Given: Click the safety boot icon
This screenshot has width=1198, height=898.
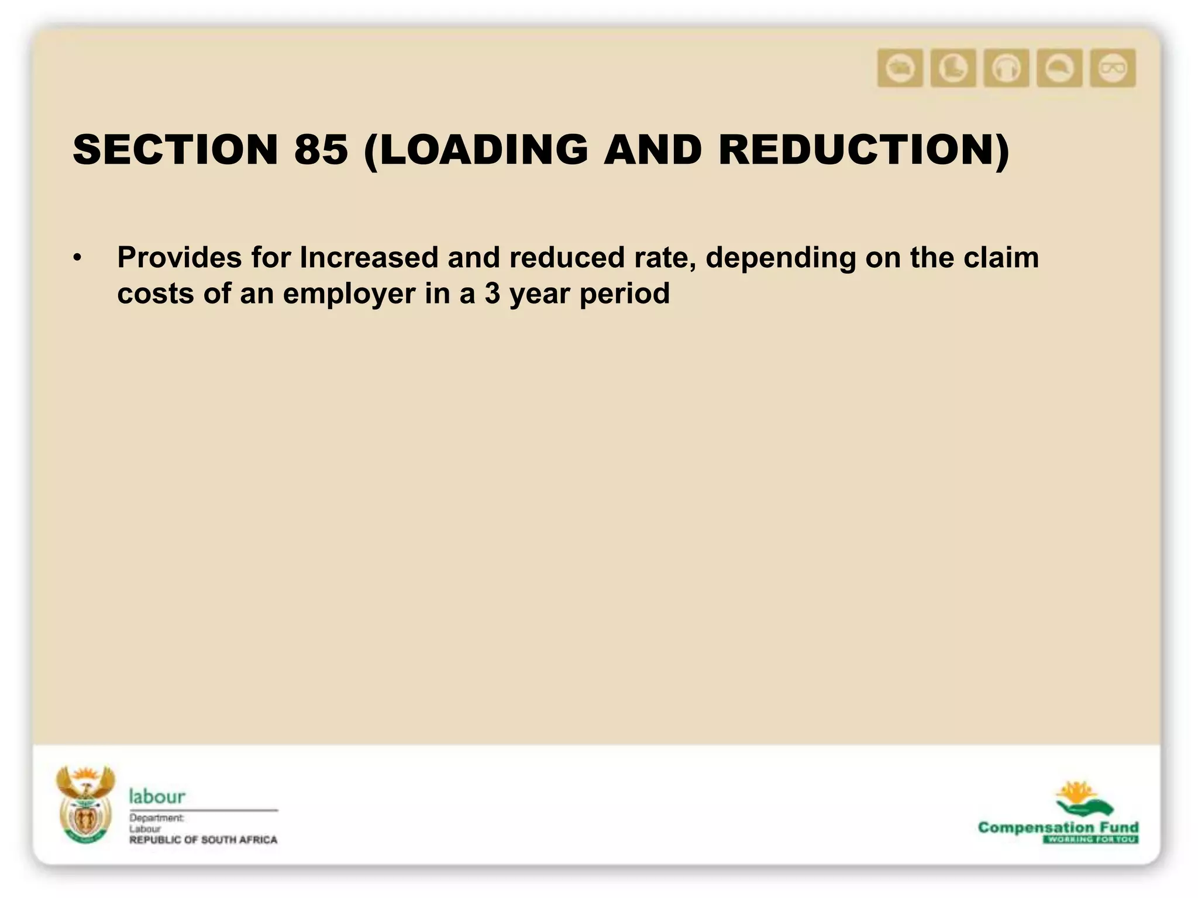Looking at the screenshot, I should tap(953, 68).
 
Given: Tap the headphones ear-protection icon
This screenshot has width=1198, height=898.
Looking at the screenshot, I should tap(1006, 68).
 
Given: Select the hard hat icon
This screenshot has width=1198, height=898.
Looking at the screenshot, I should tap(1059, 68).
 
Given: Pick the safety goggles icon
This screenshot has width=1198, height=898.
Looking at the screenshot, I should tap(1113, 68).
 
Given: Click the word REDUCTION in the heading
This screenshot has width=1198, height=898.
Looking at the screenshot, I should tap(858, 150).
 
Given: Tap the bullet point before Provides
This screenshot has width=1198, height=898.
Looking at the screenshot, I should tap(78, 258).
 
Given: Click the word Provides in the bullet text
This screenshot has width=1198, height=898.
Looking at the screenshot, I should tap(179, 257).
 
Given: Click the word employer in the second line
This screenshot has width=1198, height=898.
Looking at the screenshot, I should tap(349, 293).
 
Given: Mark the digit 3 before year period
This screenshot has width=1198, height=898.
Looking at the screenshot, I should tap(493, 293).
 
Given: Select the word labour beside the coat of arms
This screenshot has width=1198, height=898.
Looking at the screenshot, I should tap(157, 796).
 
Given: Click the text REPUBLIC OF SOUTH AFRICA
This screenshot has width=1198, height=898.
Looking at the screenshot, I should tap(203, 840).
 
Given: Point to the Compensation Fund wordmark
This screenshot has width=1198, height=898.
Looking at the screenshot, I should tap(1058, 827).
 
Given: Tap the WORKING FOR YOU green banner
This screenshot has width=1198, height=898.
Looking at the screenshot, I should tap(1090, 840).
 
